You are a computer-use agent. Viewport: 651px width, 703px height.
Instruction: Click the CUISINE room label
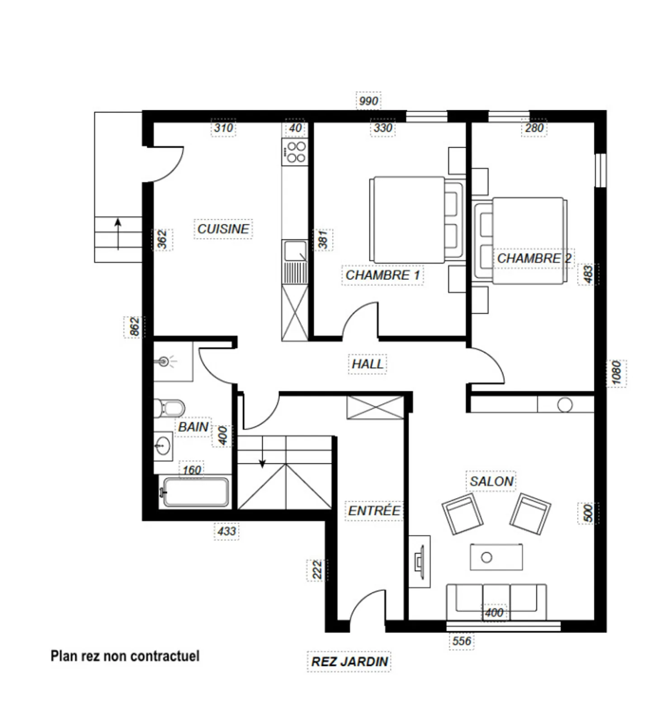click(x=223, y=229)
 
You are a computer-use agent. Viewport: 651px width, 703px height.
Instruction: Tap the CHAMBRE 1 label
click(x=382, y=275)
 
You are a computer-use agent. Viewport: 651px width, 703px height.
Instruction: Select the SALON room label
click(x=491, y=481)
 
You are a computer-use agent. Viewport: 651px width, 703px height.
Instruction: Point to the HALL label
click(x=368, y=364)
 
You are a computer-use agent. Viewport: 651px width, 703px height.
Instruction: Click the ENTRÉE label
click(x=374, y=511)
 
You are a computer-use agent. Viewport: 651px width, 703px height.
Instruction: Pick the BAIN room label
click(x=193, y=427)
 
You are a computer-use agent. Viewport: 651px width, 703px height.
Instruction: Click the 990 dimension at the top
click(x=368, y=100)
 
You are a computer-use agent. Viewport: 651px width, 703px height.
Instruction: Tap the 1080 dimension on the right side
click(x=616, y=373)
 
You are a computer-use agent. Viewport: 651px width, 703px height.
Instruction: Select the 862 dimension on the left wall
click(x=134, y=326)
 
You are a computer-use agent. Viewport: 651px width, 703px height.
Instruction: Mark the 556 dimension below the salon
click(x=462, y=641)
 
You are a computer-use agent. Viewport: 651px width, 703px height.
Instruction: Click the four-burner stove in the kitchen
click(x=296, y=152)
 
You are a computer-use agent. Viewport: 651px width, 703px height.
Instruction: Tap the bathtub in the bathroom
click(x=196, y=492)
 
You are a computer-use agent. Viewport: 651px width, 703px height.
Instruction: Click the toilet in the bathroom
click(x=170, y=408)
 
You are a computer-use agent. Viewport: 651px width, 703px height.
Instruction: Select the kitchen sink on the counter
click(x=294, y=251)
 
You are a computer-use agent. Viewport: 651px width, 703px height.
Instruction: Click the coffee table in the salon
click(x=496, y=557)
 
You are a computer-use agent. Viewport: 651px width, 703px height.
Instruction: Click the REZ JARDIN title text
click(x=349, y=661)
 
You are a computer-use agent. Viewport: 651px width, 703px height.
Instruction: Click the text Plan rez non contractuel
click(x=125, y=656)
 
